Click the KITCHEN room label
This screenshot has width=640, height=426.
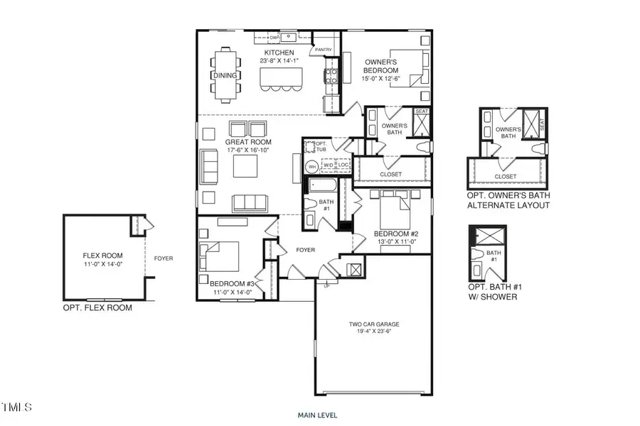279,53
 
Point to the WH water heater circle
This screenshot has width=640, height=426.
311,167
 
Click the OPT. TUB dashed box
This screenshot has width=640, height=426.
310,147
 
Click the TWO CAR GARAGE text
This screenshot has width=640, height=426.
368,324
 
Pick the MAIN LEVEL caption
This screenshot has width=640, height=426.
317,415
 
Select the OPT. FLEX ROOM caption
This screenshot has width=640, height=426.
97,308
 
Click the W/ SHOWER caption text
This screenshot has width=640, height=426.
492,297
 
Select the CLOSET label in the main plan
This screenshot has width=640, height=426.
390,174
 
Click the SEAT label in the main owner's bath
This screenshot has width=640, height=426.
421,111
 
